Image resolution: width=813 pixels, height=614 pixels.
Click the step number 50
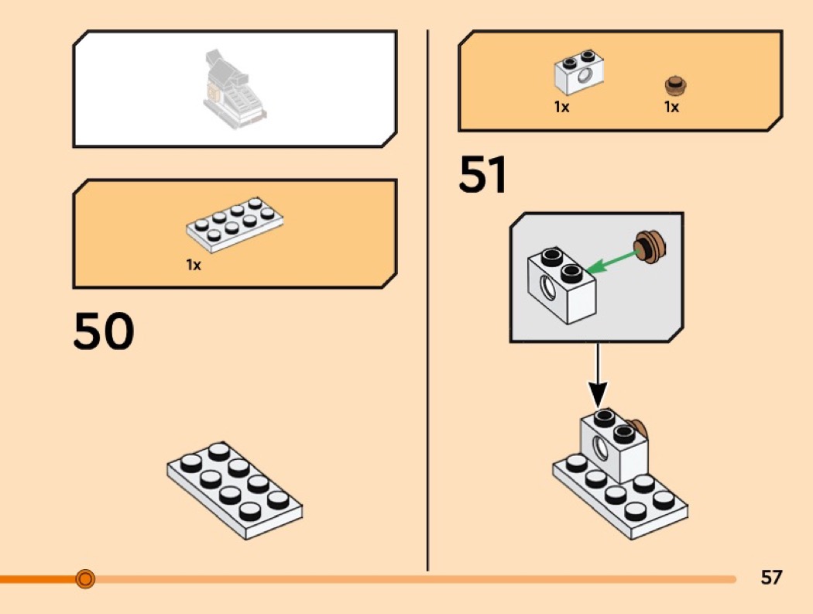coord(104,331)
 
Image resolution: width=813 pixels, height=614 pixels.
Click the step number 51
coord(482,174)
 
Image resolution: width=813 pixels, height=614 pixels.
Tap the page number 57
coord(771,577)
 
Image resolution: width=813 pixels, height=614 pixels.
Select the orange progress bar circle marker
coord(85,578)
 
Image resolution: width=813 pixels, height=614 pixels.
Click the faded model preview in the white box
coord(235,89)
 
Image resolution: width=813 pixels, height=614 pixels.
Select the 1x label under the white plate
coord(194,265)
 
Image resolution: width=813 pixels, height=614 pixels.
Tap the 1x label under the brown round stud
coord(671,107)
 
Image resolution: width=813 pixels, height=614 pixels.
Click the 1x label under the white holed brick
coord(561,107)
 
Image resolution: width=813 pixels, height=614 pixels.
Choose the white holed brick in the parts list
coord(579,73)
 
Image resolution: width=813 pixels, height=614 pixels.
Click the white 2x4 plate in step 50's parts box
coord(235,224)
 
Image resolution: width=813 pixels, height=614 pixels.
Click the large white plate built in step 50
coord(235,490)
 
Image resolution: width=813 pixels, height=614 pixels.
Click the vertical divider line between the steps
coord(427,300)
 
